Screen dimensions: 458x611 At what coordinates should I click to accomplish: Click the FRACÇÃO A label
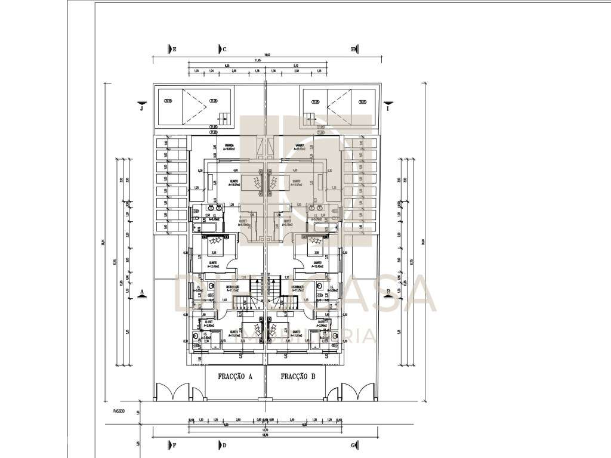point(235,376)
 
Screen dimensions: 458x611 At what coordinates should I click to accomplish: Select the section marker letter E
point(175,49)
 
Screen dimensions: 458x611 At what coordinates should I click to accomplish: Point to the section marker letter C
point(225,49)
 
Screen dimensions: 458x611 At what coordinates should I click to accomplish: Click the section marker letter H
point(353,49)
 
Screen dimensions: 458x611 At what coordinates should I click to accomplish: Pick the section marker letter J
point(141,109)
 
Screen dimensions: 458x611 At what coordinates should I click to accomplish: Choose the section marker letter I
point(387,109)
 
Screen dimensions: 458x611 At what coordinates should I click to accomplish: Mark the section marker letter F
point(175,445)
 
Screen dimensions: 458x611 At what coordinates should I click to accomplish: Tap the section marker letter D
point(225,445)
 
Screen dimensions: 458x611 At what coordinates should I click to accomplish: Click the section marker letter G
point(353,445)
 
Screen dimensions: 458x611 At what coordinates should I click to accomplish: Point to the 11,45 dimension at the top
point(258,60)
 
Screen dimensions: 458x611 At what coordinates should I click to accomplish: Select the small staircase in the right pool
point(308,117)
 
